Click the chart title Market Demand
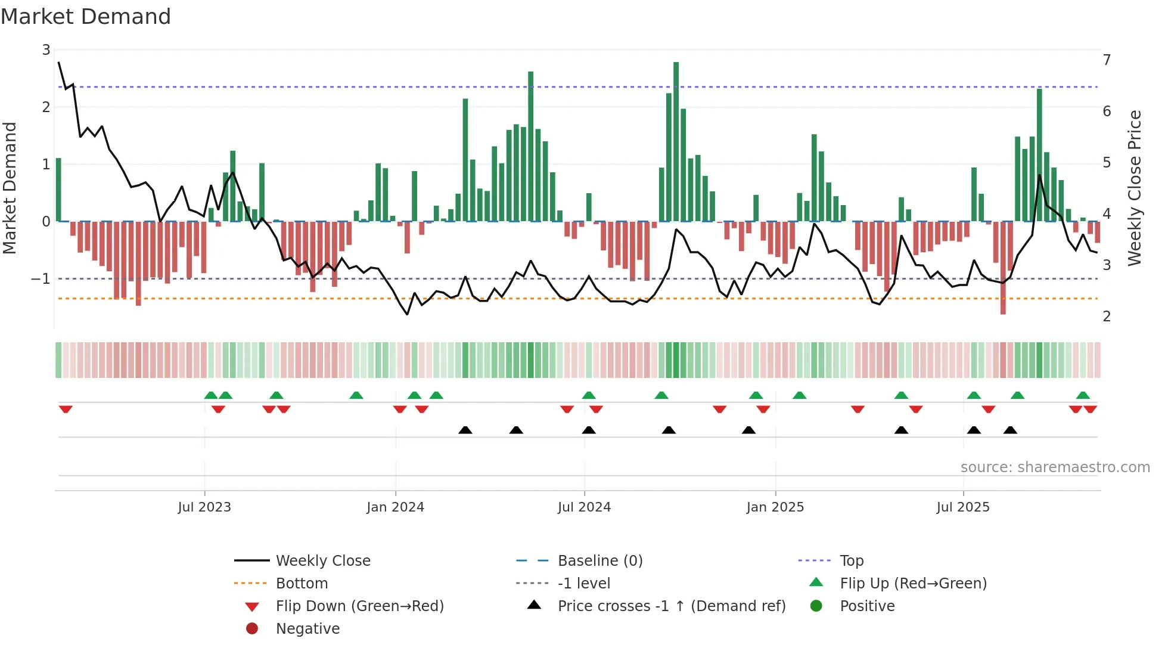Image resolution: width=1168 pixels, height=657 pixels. tap(86, 17)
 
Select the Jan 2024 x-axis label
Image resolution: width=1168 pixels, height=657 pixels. tap(395, 507)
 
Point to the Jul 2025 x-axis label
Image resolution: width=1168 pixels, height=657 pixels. tap(962, 507)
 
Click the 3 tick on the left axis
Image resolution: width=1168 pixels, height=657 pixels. tap(46, 50)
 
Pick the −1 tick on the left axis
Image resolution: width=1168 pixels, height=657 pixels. tap(41, 279)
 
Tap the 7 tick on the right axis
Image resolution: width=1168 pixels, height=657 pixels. tap(1107, 60)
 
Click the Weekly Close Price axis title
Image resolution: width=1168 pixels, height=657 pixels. tap(1135, 188)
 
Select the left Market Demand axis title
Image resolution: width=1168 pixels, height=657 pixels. tap(10, 188)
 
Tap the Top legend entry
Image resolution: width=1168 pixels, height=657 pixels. tap(851, 561)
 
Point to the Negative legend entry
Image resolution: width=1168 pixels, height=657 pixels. tap(307, 629)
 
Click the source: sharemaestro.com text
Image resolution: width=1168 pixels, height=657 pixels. tap(1055, 467)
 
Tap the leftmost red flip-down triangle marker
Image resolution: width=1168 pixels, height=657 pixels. tap(66, 409)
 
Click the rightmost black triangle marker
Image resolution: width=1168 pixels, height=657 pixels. tap(1010, 430)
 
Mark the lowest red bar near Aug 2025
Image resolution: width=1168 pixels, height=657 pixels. tap(1003, 268)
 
